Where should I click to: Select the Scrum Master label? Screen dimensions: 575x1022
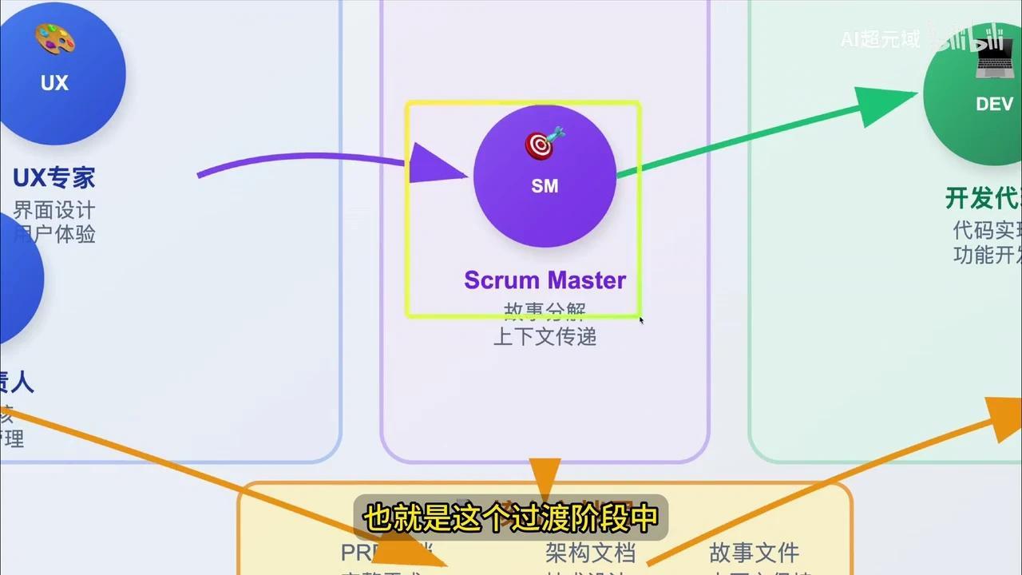[x=545, y=280]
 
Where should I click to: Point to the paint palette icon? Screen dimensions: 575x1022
[x=54, y=39]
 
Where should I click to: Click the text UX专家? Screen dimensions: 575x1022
[x=53, y=177]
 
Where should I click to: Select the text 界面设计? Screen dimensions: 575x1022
[x=53, y=210]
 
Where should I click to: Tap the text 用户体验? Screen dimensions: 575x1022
[x=53, y=234]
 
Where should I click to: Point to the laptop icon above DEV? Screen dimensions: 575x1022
[x=994, y=61]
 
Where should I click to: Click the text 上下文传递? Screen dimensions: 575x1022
[x=545, y=336]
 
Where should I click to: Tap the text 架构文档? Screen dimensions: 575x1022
[x=590, y=552]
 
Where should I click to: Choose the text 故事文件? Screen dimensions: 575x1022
[x=754, y=552]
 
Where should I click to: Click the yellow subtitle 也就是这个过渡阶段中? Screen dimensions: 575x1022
[x=510, y=517]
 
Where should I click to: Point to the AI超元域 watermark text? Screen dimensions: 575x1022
[x=880, y=38]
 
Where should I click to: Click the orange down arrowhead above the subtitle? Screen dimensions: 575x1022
[x=545, y=478]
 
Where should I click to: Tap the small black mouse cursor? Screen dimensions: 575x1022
[x=641, y=319]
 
